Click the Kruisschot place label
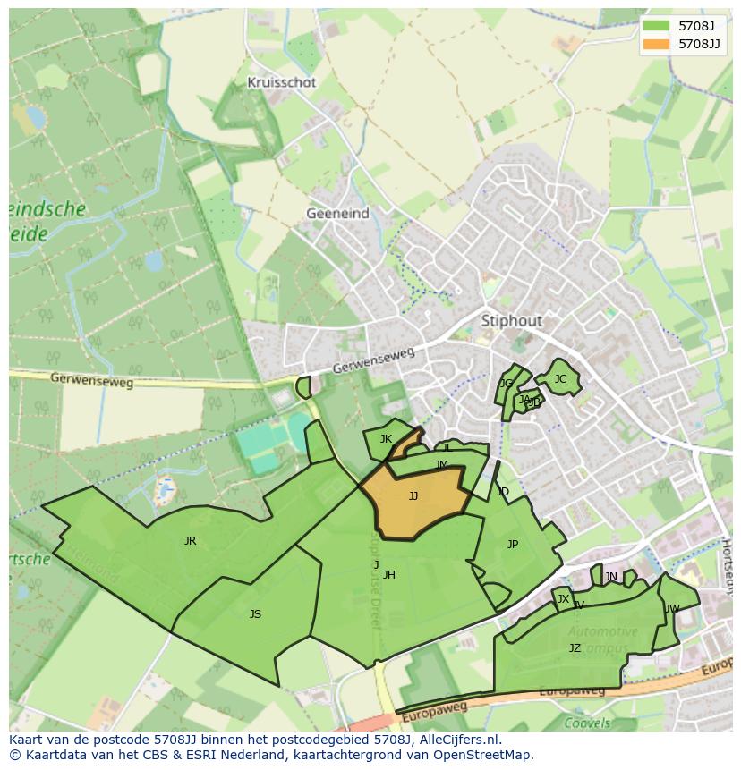pyautogui.click(x=282, y=82)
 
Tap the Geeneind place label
pyautogui.click(x=336, y=214)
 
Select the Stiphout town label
pyautogui.click(x=512, y=320)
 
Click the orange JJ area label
pyautogui.click(x=413, y=496)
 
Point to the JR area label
pyautogui.click(x=190, y=541)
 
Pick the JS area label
pyautogui.click(x=255, y=614)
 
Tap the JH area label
pyautogui.click(x=388, y=575)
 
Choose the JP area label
pyautogui.click(x=513, y=545)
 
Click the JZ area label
pyautogui.click(x=575, y=648)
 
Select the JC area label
pyautogui.click(x=560, y=379)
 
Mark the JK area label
pyautogui.click(x=386, y=439)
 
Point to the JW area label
pyautogui.click(x=672, y=609)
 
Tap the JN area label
pyautogui.click(x=611, y=577)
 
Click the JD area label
pyautogui.click(x=502, y=492)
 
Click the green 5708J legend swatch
pyautogui.click(x=655, y=26)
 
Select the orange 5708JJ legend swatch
pyautogui.click(x=655, y=44)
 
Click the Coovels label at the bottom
pyautogui.click(x=587, y=723)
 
